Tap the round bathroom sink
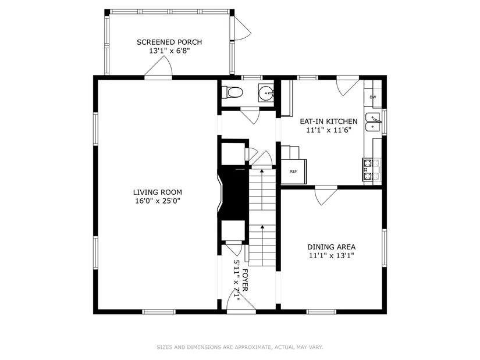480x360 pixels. point(266,92)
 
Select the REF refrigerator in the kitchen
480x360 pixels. point(294,172)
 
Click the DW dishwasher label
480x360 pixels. point(372,97)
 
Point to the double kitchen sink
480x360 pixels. point(373,122)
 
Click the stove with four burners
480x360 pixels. point(371,169)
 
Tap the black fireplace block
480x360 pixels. point(233,193)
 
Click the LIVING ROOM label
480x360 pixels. point(157,193)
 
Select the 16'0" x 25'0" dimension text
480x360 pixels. point(158,201)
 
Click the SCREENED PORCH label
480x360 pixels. point(169,42)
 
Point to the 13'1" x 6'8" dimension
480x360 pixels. point(169,51)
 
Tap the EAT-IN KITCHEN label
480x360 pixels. point(329,122)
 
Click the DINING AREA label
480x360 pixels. point(331,247)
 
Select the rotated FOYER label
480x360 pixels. point(245,280)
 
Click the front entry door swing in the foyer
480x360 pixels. point(241,301)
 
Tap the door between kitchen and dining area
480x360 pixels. point(326,195)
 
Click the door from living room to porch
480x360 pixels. point(158,68)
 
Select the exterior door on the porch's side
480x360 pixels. point(241,28)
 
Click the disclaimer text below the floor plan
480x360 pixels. point(240,347)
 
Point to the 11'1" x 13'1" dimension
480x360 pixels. point(331,256)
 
